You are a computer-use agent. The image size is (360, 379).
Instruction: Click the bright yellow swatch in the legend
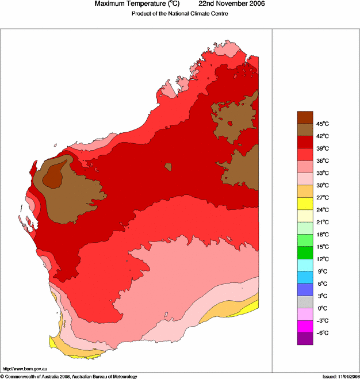click(x=305, y=204)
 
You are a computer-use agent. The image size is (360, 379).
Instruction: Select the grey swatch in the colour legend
click(x=305, y=302)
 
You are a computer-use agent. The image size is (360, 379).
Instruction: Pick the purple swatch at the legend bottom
click(x=305, y=339)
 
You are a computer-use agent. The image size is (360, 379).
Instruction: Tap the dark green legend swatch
click(x=305, y=252)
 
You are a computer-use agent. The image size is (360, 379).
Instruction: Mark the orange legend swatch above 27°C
click(x=305, y=191)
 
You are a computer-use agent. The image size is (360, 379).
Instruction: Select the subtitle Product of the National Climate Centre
click(x=181, y=14)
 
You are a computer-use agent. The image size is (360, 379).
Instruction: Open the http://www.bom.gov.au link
click(x=25, y=369)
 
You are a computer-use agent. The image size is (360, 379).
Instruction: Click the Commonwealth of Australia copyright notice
click(x=69, y=376)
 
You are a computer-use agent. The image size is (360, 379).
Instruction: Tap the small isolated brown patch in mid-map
click(x=168, y=167)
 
